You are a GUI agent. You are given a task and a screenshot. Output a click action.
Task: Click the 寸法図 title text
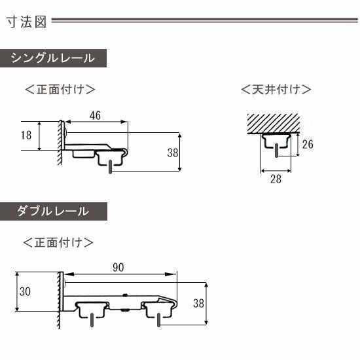(26, 22)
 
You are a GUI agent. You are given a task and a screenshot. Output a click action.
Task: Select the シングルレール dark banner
(53, 58)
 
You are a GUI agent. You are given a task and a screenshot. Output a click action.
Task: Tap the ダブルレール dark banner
(54, 211)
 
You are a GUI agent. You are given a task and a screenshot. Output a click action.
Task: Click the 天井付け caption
(276, 89)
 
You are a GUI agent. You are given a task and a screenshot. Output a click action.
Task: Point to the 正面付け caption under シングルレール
(60, 89)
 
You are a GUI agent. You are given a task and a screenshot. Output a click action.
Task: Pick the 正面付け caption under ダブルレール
(58, 242)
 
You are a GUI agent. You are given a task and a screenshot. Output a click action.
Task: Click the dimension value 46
(96, 115)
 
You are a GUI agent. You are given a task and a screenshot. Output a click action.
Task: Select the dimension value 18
(26, 135)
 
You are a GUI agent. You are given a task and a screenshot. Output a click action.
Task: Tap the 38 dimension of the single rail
(173, 153)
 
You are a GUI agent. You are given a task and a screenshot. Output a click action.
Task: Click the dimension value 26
(308, 145)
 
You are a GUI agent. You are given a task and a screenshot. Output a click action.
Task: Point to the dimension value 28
(276, 179)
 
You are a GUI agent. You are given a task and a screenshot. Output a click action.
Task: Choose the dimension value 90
(118, 268)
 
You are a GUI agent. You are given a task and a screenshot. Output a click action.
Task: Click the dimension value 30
(25, 291)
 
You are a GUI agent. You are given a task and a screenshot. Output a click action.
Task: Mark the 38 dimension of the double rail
(198, 303)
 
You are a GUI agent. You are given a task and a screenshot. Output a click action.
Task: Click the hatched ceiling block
(274, 123)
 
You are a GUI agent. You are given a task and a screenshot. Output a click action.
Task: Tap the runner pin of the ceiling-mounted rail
(276, 151)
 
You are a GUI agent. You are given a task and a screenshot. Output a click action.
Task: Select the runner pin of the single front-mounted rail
(111, 167)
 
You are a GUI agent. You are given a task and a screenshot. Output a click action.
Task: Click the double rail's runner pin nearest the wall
(92, 320)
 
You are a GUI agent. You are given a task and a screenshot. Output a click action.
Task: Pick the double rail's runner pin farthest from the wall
(158, 320)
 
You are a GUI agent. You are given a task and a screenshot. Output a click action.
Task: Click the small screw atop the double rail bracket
(125, 295)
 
